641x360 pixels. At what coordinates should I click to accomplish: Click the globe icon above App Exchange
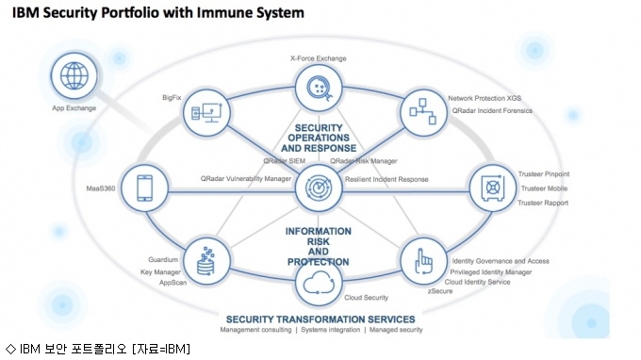[74, 76]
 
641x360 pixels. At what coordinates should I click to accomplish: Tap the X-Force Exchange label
[318, 58]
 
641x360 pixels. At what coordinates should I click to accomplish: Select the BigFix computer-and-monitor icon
[206, 112]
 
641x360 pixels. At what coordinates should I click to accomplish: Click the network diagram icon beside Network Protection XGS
[423, 111]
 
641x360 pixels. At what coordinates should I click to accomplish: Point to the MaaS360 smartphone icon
[145, 188]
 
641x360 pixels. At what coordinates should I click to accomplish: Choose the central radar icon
[319, 188]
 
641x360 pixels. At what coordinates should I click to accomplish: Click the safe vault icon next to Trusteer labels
[493, 188]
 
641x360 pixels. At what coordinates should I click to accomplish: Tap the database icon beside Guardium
[206, 261]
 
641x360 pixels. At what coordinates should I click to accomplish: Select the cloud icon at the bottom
[319, 283]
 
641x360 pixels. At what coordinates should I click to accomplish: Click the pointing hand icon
[423, 261]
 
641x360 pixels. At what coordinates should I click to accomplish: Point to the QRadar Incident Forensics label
[492, 111]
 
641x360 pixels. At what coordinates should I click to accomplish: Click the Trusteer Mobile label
[544, 188]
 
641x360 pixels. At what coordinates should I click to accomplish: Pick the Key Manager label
[160, 272]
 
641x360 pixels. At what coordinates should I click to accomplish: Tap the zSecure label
[440, 291]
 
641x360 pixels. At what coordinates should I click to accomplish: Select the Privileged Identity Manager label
[491, 272]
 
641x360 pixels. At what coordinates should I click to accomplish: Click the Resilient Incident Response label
[386, 179]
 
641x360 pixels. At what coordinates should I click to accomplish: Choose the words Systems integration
[331, 330]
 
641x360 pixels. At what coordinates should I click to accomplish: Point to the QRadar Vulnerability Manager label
[246, 178]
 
